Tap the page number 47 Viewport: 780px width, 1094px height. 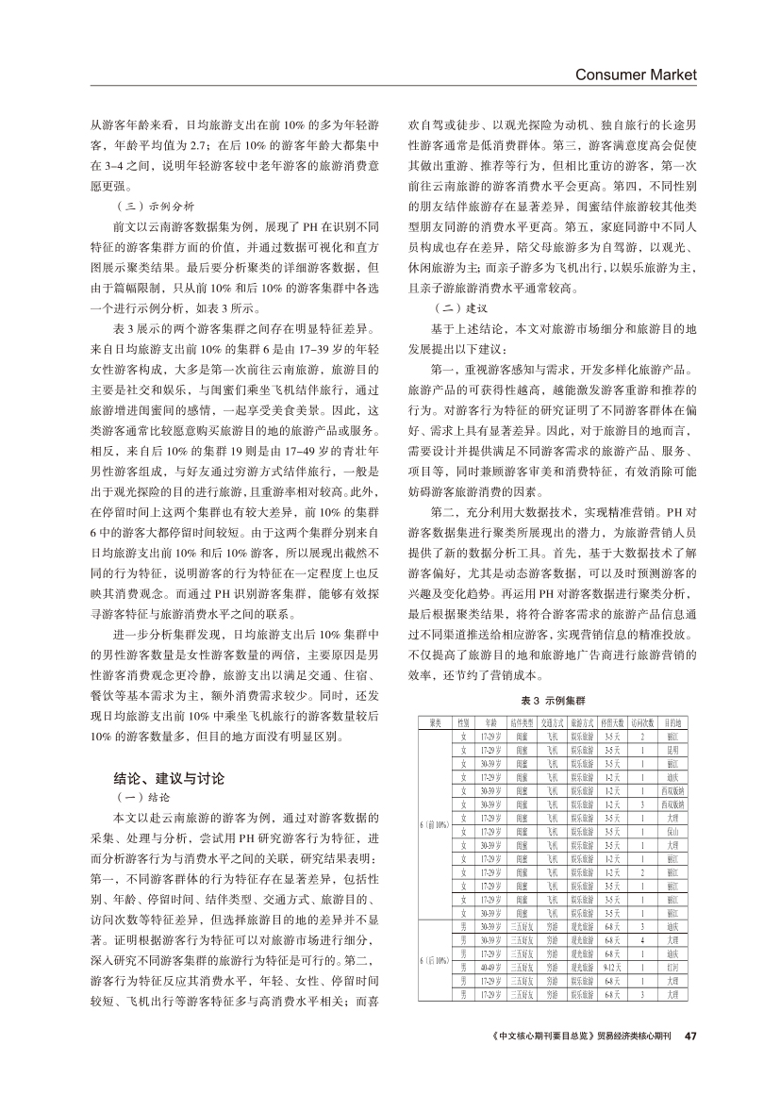pyautogui.click(x=689, y=1035)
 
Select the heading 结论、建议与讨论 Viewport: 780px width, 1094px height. pyautogui.click(x=169, y=779)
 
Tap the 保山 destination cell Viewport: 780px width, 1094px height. pyautogui.click(x=672, y=833)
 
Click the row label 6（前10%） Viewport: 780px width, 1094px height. pyautogui.click(x=435, y=825)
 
